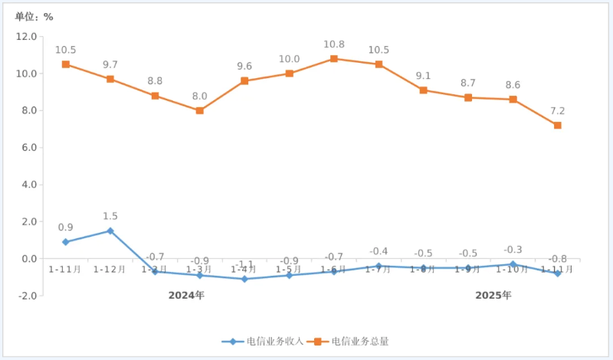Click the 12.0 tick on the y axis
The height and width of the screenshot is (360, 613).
coord(26,37)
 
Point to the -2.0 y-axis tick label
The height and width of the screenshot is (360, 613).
coord(26,296)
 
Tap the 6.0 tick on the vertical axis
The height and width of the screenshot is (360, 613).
coord(28,148)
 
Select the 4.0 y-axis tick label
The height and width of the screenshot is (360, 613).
coord(28,185)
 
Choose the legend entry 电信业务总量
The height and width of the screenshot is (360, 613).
coord(352,342)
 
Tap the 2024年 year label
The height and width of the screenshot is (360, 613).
coord(186,296)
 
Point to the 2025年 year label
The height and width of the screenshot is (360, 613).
coord(493,296)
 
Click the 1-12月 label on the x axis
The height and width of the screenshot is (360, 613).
coord(110,270)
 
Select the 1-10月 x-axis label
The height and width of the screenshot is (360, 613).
coord(513,270)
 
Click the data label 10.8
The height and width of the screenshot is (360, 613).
coord(334,44)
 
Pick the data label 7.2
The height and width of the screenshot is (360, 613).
coord(557,111)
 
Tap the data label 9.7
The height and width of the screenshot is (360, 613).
coord(110,65)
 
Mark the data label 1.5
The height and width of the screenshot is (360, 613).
coord(110,217)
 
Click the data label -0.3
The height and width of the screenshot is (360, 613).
coord(513,250)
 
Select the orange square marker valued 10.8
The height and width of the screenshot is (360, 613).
coord(334,59)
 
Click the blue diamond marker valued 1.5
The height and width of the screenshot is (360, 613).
coord(110,231)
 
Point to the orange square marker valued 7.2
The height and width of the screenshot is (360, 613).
coord(557,126)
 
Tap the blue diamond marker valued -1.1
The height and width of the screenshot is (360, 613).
coord(244,279)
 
